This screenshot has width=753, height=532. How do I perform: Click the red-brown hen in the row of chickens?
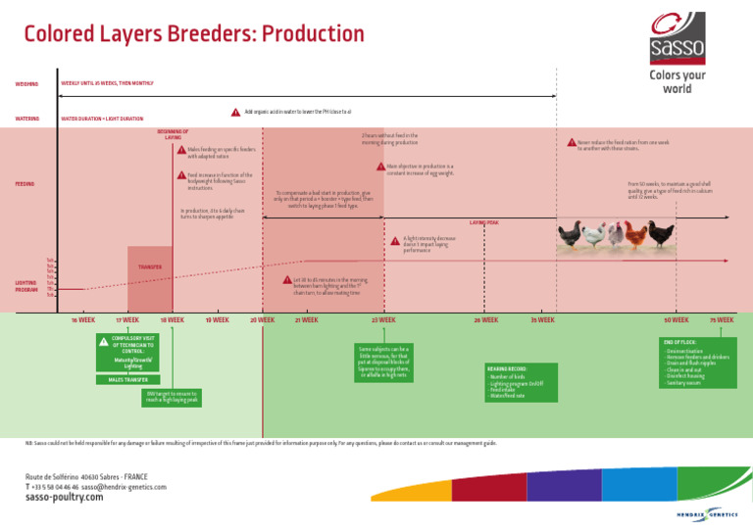coord(636,235)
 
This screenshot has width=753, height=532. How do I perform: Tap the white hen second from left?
coord(591,235)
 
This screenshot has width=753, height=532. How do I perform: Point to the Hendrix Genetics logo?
coord(707,512)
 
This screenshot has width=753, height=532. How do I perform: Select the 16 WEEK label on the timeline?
coord(83,319)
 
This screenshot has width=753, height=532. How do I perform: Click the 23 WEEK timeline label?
coord(383,319)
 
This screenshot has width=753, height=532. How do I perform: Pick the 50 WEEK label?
coord(676,319)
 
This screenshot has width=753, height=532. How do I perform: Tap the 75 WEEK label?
coord(722,319)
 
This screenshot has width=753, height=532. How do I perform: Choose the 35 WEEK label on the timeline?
coord(542,319)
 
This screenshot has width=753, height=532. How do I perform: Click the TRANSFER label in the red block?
coord(150,266)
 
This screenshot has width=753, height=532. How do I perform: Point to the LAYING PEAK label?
coord(484,222)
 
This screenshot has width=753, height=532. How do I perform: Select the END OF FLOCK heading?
coord(679,342)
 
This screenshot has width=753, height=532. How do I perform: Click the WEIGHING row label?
coord(26,83)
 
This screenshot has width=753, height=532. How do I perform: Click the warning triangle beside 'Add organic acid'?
coord(235,112)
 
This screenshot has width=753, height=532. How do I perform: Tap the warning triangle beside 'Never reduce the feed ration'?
coord(572,143)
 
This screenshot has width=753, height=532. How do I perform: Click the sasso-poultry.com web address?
coord(64,497)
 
